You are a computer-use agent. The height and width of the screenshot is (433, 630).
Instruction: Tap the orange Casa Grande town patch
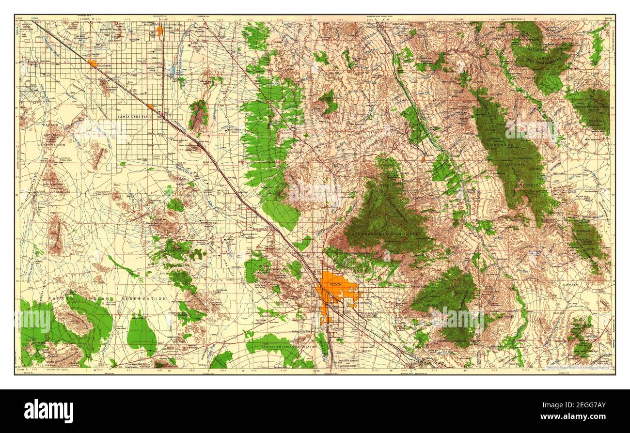tap(93, 62)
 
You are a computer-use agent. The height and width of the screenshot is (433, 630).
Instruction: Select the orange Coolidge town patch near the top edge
tap(159, 31)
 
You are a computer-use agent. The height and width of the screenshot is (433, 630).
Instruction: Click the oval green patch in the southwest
tap(142, 334)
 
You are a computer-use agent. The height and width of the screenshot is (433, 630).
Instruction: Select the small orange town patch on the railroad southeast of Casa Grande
tap(151, 107)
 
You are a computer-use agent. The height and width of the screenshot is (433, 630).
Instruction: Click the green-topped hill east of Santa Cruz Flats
tap(198, 115)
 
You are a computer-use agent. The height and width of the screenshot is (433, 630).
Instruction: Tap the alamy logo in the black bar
tap(49, 411)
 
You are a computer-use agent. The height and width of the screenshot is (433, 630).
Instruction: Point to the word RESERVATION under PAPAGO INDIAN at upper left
tap(53, 145)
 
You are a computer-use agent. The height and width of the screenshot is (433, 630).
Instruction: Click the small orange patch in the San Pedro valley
tap(423, 158)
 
